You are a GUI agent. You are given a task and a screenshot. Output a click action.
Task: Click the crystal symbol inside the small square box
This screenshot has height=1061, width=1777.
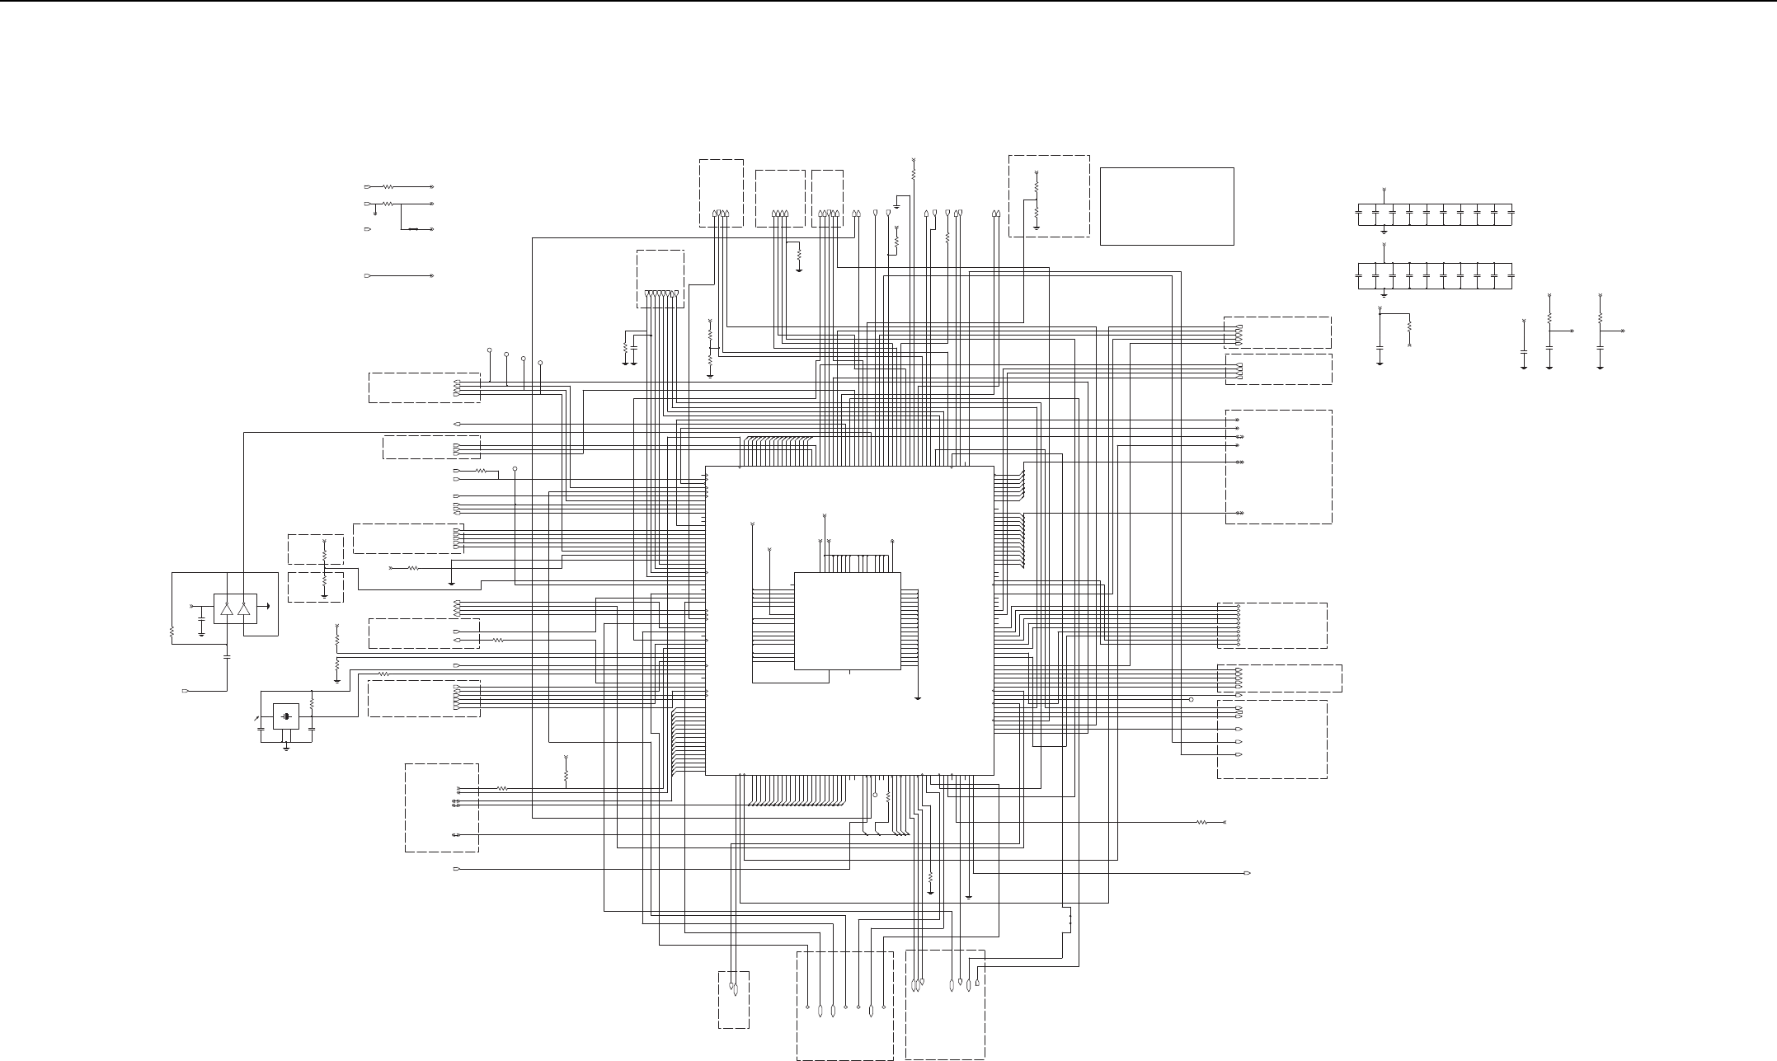pyautogui.click(x=286, y=716)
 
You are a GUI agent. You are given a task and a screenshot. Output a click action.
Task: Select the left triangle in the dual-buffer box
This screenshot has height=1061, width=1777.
pyautogui.click(x=227, y=608)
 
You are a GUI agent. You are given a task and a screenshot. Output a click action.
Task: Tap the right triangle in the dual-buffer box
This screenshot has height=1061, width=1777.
pyautogui.click(x=243, y=608)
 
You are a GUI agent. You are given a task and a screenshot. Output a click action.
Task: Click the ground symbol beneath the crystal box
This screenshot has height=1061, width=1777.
pyautogui.click(x=286, y=748)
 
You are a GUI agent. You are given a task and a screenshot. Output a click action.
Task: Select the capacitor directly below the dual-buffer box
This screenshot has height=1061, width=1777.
pyautogui.click(x=227, y=657)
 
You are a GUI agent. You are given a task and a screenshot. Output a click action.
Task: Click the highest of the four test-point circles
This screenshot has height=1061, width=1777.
pyautogui.click(x=490, y=350)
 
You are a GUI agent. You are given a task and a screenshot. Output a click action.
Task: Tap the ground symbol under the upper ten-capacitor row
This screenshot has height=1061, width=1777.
pyautogui.click(x=1384, y=230)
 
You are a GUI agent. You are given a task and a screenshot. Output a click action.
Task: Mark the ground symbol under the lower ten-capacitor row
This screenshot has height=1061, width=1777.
pyautogui.click(x=1384, y=293)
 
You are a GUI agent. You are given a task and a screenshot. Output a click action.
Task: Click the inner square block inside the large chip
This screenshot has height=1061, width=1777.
pyautogui.click(x=847, y=621)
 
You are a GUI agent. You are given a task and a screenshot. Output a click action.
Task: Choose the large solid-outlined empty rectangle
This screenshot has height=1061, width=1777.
pyautogui.click(x=1167, y=206)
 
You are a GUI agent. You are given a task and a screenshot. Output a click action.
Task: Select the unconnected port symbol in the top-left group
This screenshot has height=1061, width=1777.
pyautogui.click(x=367, y=229)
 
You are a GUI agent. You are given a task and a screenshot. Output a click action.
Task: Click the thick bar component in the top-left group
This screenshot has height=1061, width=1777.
pyautogui.click(x=413, y=229)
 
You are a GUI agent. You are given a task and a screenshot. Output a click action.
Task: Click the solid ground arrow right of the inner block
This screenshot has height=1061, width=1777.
pyautogui.click(x=919, y=698)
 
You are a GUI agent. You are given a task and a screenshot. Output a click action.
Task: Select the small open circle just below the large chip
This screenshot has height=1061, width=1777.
pyautogui.click(x=875, y=795)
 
